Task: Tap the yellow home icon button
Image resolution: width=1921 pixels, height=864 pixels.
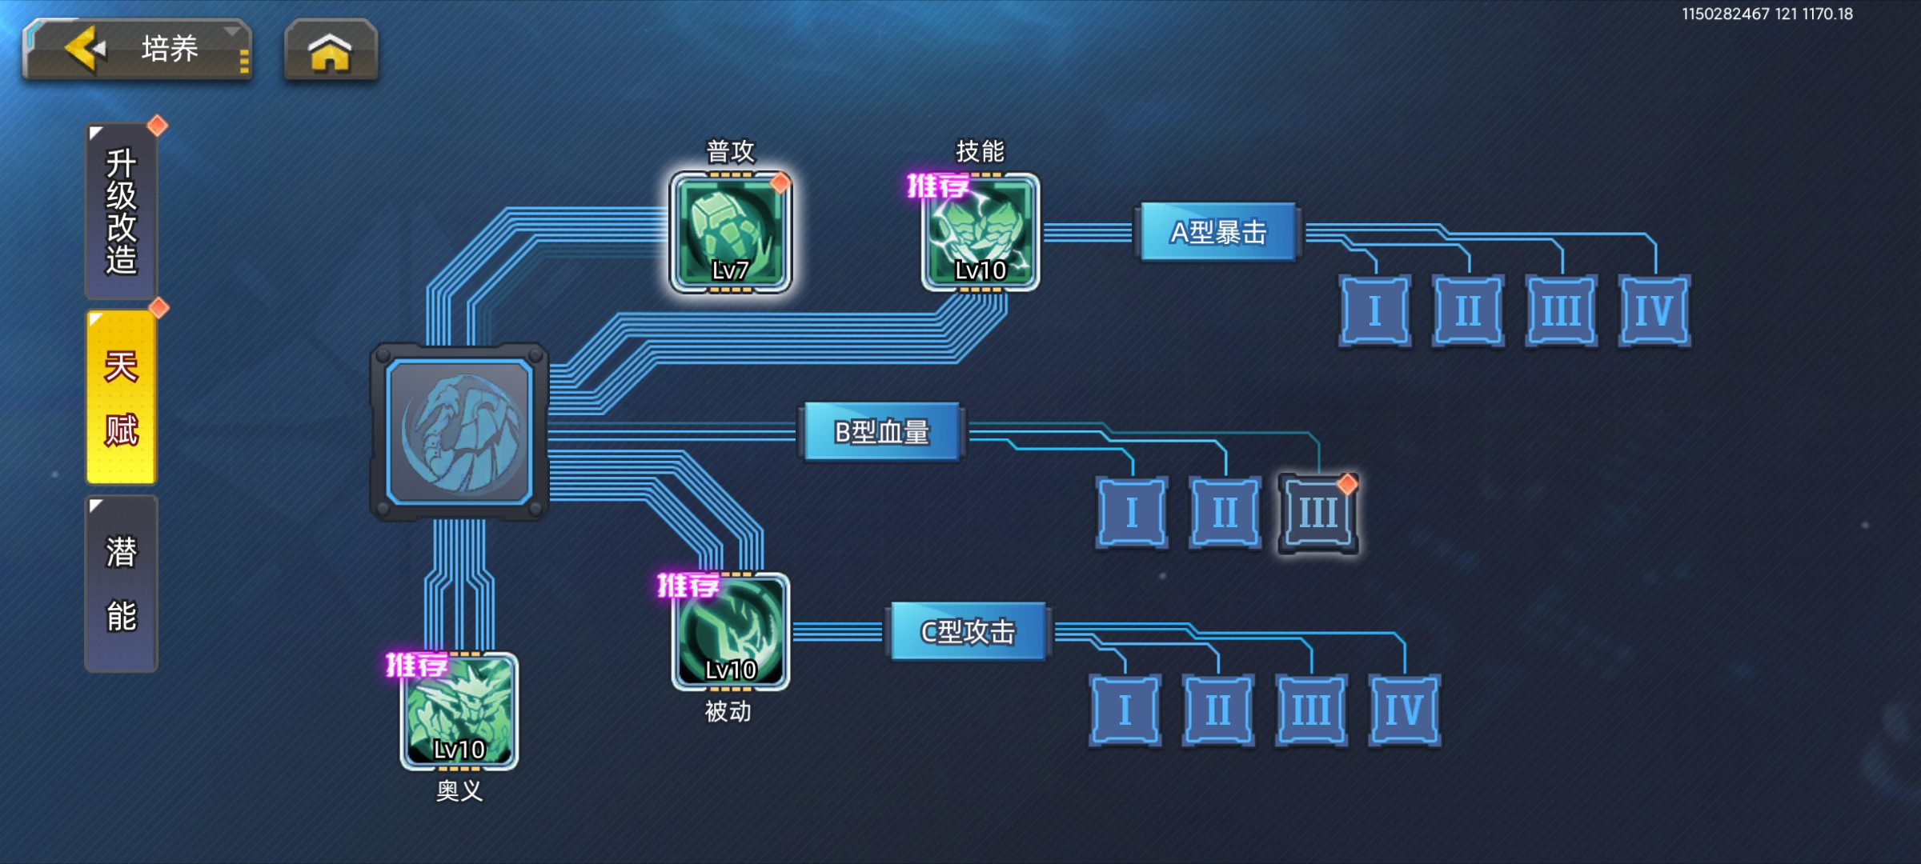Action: coord(331,50)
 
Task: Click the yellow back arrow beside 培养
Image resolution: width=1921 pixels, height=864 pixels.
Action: coord(85,49)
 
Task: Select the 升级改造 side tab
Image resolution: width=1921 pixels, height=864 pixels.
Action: coord(122,211)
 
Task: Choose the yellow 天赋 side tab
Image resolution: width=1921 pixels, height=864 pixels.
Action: coord(122,398)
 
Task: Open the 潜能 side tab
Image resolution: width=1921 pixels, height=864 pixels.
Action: coord(122,583)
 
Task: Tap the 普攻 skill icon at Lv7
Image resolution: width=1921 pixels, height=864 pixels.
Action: coord(731,232)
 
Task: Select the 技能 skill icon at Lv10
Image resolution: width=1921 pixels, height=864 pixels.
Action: coord(981,232)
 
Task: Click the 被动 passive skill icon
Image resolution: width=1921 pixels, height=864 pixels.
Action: coord(731,632)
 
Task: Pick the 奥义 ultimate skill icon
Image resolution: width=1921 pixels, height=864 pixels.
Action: coord(459,711)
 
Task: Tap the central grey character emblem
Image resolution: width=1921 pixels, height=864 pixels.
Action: coord(459,432)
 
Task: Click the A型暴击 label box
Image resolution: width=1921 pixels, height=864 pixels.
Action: coord(1218,232)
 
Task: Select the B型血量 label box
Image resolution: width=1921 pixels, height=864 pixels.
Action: coord(882,432)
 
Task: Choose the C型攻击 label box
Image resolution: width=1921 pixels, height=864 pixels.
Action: coord(969,632)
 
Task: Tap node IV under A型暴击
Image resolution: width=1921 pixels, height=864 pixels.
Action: coord(1654,310)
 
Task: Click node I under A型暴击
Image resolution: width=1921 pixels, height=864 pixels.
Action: coord(1375,310)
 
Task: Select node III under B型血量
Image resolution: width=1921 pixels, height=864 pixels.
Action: coord(1318,513)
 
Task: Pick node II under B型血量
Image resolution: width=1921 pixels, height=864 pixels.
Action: coord(1225,512)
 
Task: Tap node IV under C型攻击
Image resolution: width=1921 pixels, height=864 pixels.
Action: coord(1405,710)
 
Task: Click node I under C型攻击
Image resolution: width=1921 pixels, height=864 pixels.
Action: coord(1125,710)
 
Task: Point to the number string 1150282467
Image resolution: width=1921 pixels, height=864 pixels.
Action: coord(1725,14)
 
